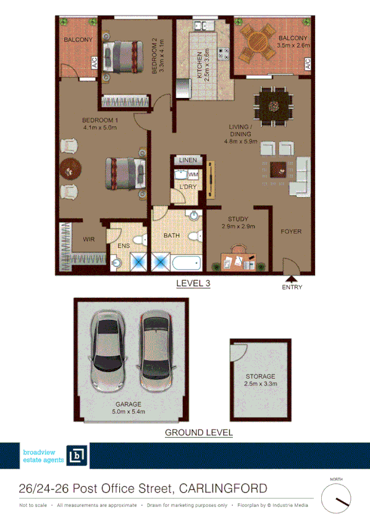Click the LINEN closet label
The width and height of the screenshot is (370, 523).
188,160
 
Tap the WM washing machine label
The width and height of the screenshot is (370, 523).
193,175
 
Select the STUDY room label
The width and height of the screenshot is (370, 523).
238,218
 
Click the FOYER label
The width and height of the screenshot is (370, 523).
291,232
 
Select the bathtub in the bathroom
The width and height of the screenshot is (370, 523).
187,263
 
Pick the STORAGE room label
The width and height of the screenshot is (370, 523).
259,376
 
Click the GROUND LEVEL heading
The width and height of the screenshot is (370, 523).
198,433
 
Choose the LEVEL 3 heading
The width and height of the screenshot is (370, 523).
193,284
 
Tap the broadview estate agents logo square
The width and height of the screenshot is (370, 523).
77,456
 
